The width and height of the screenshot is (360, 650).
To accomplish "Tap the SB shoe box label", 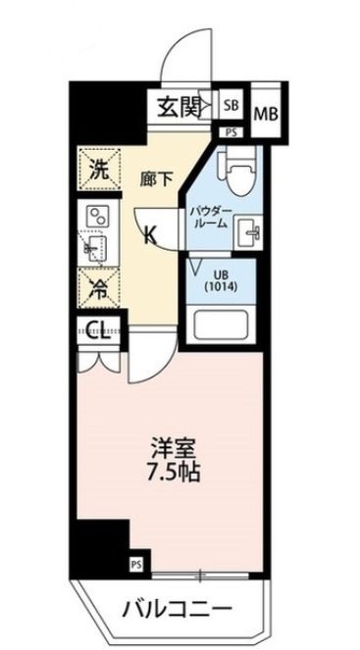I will point(232,103).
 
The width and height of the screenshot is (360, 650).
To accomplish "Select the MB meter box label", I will point(265,115).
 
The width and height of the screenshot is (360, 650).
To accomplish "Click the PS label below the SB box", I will point(231,130).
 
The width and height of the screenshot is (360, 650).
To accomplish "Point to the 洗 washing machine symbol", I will point(99,166).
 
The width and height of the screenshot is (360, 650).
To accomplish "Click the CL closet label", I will point(97,329).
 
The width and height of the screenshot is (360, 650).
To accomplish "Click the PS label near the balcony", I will point(134,564).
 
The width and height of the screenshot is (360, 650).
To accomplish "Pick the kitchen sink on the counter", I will point(97,247).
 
